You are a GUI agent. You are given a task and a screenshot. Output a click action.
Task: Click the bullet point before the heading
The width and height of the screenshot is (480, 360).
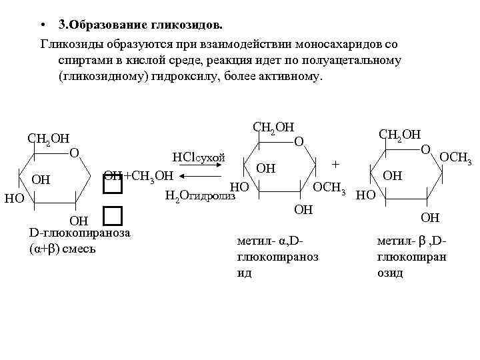(42, 26)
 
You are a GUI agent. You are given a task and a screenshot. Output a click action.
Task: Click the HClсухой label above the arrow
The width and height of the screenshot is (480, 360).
(199, 158)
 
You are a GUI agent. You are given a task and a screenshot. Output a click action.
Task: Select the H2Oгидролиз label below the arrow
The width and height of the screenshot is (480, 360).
(200, 195)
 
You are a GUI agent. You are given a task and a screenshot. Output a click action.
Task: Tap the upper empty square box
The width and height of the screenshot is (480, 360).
(113, 186)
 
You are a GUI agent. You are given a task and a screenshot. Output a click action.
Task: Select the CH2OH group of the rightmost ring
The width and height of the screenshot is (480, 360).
(399, 135)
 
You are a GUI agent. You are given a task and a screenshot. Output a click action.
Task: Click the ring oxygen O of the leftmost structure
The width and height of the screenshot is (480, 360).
(75, 153)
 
